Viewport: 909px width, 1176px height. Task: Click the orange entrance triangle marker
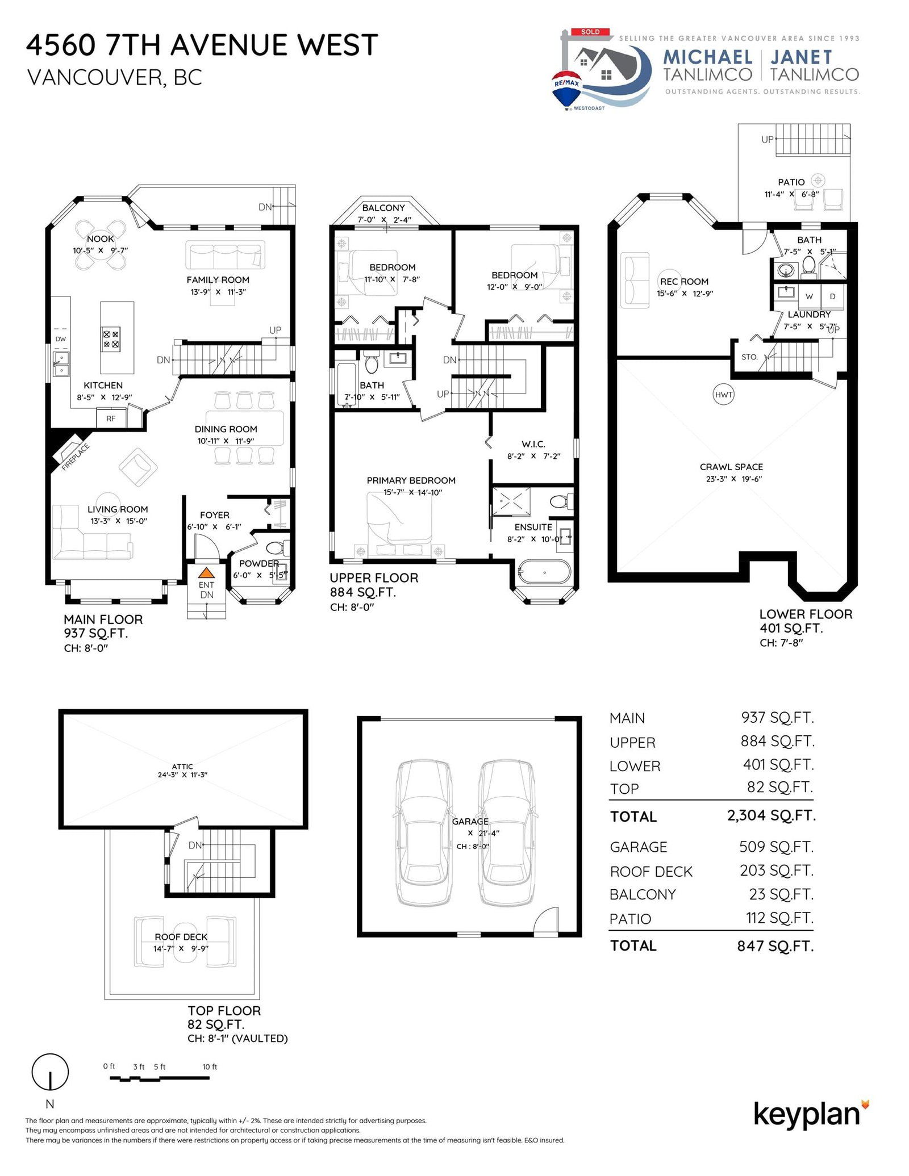(x=206, y=572)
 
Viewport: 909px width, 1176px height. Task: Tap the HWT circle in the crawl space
(x=723, y=395)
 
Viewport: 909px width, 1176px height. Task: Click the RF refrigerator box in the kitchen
(x=111, y=418)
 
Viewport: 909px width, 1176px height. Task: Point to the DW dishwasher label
(x=61, y=339)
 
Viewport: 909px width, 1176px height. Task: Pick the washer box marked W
(x=809, y=296)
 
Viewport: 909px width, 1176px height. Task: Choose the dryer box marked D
(x=832, y=296)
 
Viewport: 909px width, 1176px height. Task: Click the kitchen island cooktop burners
(x=111, y=339)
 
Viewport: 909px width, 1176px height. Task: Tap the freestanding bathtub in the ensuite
(x=544, y=572)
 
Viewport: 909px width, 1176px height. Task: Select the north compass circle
(x=50, y=1072)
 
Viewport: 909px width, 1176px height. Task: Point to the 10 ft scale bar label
(x=210, y=1067)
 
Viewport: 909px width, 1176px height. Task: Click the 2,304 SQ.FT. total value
(x=771, y=815)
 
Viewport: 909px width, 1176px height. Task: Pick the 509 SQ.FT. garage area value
(x=776, y=847)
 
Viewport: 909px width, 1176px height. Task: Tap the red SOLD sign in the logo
(x=590, y=32)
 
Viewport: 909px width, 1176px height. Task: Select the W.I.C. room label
(x=533, y=444)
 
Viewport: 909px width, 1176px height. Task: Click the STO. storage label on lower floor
(x=749, y=357)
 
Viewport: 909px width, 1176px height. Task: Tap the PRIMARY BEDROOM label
(x=411, y=480)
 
